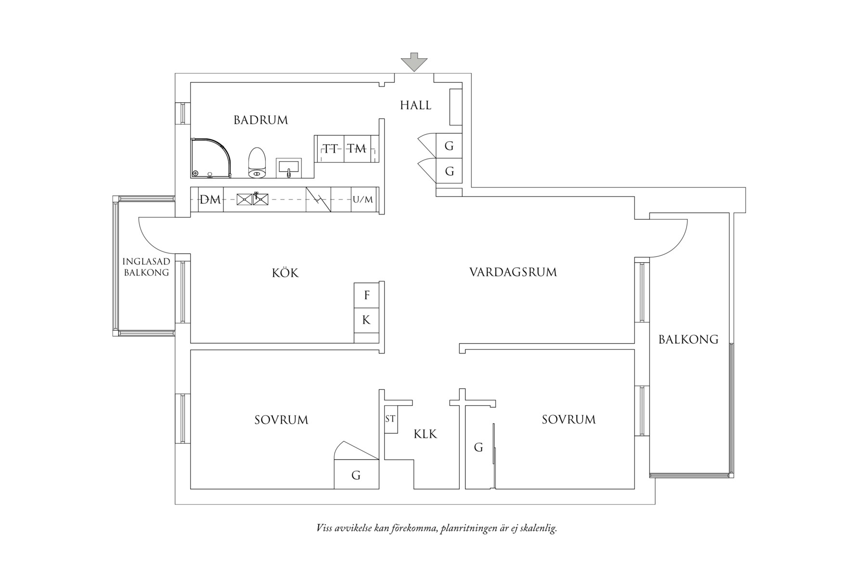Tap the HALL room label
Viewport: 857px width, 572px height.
pyautogui.click(x=416, y=105)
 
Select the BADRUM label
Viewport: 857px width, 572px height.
pyautogui.click(x=260, y=120)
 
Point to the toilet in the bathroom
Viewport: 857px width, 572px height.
pyautogui.click(x=257, y=162)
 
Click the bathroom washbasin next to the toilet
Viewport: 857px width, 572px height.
pyautogui.click(x=288, y=168)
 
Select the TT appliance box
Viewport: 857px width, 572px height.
pyautogui.click(x=330, y=148)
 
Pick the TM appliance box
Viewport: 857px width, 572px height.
pyautogui.click(x=357, y=148)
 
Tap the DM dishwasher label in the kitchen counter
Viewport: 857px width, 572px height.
pyautogui.click(x=210, y=200)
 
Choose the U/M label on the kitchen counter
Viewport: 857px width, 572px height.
pyautogui.click(x=363, y=200)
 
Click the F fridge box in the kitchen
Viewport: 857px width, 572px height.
pyautogui.click(x=366, y=295)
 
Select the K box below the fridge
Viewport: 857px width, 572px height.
pyautogui.click(x=366, y=320)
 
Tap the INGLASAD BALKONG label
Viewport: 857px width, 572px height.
pyautogui.click(x=146, y=267)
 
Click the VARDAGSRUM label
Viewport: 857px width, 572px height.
pyautogui.click(x=513, y=272)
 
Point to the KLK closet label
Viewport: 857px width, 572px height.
pyautogui.click(x=425, y=435)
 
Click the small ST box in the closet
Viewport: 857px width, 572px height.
pyautogui.click(x=390, y=419)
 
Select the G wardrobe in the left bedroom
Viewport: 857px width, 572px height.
pyautogui.click(x=356, y=475)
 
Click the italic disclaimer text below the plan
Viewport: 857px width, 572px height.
pyautogui.click(x=437, y=528)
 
